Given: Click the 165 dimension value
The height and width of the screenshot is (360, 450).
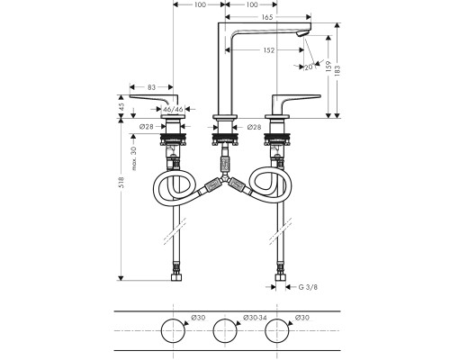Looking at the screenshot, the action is click(267, 17).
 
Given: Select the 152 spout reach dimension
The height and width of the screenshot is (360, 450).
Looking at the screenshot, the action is click(269, 50).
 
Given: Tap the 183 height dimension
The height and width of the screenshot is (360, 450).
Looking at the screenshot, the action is click(337, 71).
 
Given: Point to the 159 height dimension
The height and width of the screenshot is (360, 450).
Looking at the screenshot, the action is click(328, 66).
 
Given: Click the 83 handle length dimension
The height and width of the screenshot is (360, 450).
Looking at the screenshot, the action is click(152, 87).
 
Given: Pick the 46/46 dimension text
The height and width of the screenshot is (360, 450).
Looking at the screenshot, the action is click(174, 109).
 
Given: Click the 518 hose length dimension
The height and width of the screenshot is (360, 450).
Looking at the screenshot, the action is click(121, 183).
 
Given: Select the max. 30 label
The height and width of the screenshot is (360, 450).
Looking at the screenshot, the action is click(134, 158).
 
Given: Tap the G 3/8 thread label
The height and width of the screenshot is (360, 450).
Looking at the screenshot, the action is click(308, 287).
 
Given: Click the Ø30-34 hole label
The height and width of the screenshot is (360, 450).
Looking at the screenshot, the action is click(255, 318).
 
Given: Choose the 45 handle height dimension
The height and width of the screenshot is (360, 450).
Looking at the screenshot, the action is click(121, 107).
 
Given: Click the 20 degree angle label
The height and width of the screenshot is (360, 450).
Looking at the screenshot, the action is click(308, 67).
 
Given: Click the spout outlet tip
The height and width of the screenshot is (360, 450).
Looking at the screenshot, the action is click(302, 34).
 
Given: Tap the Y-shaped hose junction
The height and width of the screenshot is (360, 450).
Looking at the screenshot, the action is click(225, 179).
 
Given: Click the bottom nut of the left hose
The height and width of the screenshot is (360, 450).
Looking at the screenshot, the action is click(176, 277).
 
